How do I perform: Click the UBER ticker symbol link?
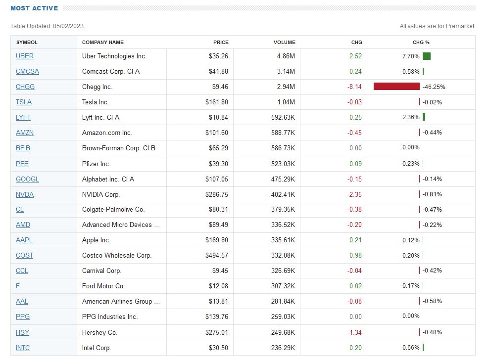(x=25, y=56)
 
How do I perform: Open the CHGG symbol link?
(x=25, y=87)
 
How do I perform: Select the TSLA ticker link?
(x=24, y=102)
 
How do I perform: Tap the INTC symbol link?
(x=23, y=348)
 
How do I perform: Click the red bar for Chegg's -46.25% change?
(x=396, y=87)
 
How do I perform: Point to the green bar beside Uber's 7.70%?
(x=427, y=56)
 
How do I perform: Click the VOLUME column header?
(x=284, y=42)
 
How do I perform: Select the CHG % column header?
(x=421, y=42)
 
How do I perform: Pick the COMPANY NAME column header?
(x=103, y=42)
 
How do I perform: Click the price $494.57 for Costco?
(x=217, y=255)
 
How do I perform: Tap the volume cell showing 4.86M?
(x=286, y=56)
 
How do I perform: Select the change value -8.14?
(x=354, y=87)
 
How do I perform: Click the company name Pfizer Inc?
(x=96, y=164)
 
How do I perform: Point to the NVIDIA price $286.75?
(x=217, y=194)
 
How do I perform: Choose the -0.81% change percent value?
(x=433, y=194)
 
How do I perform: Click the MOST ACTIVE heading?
(x=34, y=8)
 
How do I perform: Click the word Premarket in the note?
(x=462, y=26)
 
